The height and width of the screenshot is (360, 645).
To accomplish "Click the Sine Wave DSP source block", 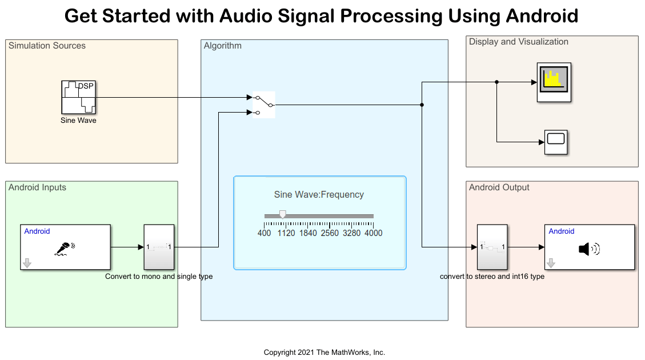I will (79, 97).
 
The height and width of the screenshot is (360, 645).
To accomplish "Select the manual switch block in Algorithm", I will (263, 105).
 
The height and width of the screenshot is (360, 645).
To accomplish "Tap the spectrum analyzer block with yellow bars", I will (554, 82).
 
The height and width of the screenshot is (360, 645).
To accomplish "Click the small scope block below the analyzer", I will (555, 142).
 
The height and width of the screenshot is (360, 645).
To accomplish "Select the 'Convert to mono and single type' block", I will (159, 247).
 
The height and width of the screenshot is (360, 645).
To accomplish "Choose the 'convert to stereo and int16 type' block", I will (492, 247).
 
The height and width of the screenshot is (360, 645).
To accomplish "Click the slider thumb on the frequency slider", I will (282, 214).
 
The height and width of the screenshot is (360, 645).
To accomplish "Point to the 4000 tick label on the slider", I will (373, 233).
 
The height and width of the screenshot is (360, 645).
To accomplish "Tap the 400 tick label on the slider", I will (265, 233).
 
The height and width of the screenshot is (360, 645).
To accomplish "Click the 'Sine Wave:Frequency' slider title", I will (319, 194).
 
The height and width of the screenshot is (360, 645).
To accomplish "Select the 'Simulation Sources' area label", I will (47, 46).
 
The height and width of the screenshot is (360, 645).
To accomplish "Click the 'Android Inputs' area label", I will (37, 187).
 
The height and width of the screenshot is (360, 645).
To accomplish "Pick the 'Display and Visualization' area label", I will (518, 42).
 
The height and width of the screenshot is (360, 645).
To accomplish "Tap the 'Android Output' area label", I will (499, 187).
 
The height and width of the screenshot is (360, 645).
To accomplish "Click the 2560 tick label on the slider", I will (330, 233).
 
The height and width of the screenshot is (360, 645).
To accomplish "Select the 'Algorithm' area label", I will (222, 46).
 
